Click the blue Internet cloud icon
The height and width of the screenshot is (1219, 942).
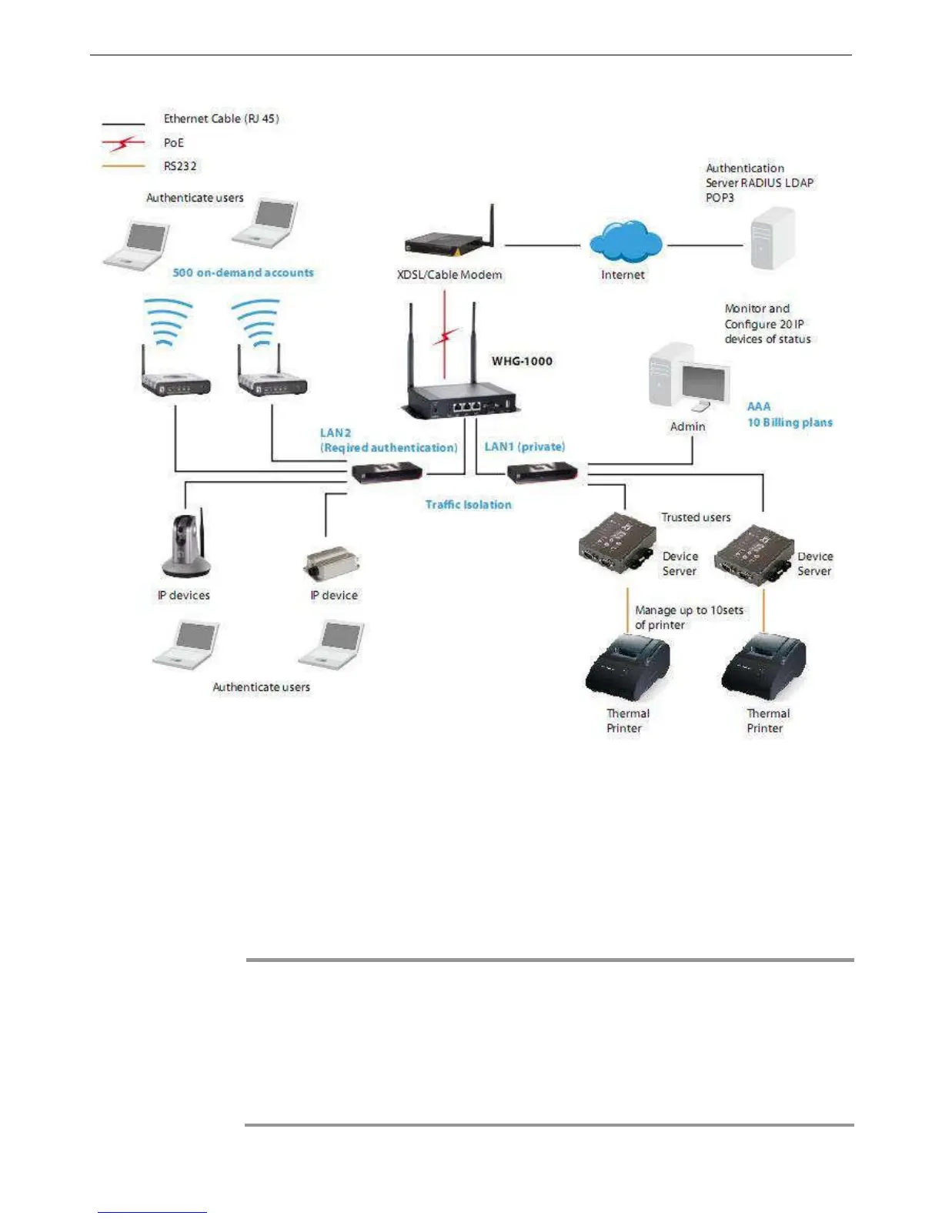coord(624,242)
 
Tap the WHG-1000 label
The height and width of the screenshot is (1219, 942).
coord(522,361)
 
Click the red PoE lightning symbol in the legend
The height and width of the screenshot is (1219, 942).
coord(123,142)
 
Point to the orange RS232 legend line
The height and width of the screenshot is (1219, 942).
coord(123,166)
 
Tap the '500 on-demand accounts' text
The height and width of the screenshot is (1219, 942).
coord(243,272)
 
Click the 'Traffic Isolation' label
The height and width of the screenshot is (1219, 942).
coord(468,505)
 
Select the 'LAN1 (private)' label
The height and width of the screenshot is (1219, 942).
coord(525,446)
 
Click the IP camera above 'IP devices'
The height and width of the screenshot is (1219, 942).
coord(185,545)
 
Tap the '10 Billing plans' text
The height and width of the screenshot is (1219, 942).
coord(790,422)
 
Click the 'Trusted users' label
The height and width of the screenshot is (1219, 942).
coord(696,517)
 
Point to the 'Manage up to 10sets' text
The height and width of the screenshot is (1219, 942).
coord(689,610)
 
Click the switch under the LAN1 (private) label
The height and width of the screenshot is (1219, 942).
coord(543,473)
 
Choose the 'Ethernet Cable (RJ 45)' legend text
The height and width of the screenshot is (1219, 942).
coord(221,119)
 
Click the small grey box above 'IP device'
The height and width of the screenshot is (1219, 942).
coord(332,564)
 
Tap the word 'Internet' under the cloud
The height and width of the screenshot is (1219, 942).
coord(623,275)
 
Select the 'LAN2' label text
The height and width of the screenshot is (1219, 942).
coord(336,432)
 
